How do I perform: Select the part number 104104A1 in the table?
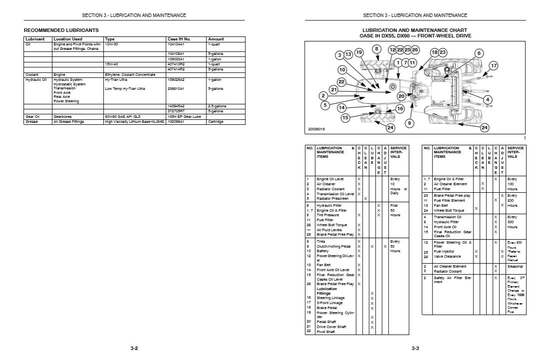click(x=176, y=44)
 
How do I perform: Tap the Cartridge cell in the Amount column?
click(x=216, y=121)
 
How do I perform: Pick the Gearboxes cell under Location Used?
click(x=63, y=116)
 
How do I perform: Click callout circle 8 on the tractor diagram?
click(x=377, y=49)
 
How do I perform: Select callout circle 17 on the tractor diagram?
click(x=494, y=66)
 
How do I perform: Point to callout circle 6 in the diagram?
click(x=479, y=53)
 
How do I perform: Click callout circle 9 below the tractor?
click(x=410, y=123)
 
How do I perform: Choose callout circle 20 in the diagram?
click(x=401, y=96)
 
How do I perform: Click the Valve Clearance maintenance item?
click(x=447, y=257)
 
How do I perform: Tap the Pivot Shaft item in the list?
click(x=327, y=331)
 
